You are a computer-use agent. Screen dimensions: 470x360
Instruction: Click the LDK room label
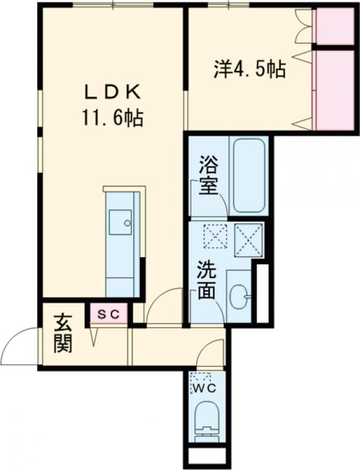(x=112, y=92)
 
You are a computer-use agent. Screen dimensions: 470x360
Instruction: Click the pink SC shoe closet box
(x=109, y=313)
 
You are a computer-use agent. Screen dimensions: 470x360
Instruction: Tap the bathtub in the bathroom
(x=250, y=176)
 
